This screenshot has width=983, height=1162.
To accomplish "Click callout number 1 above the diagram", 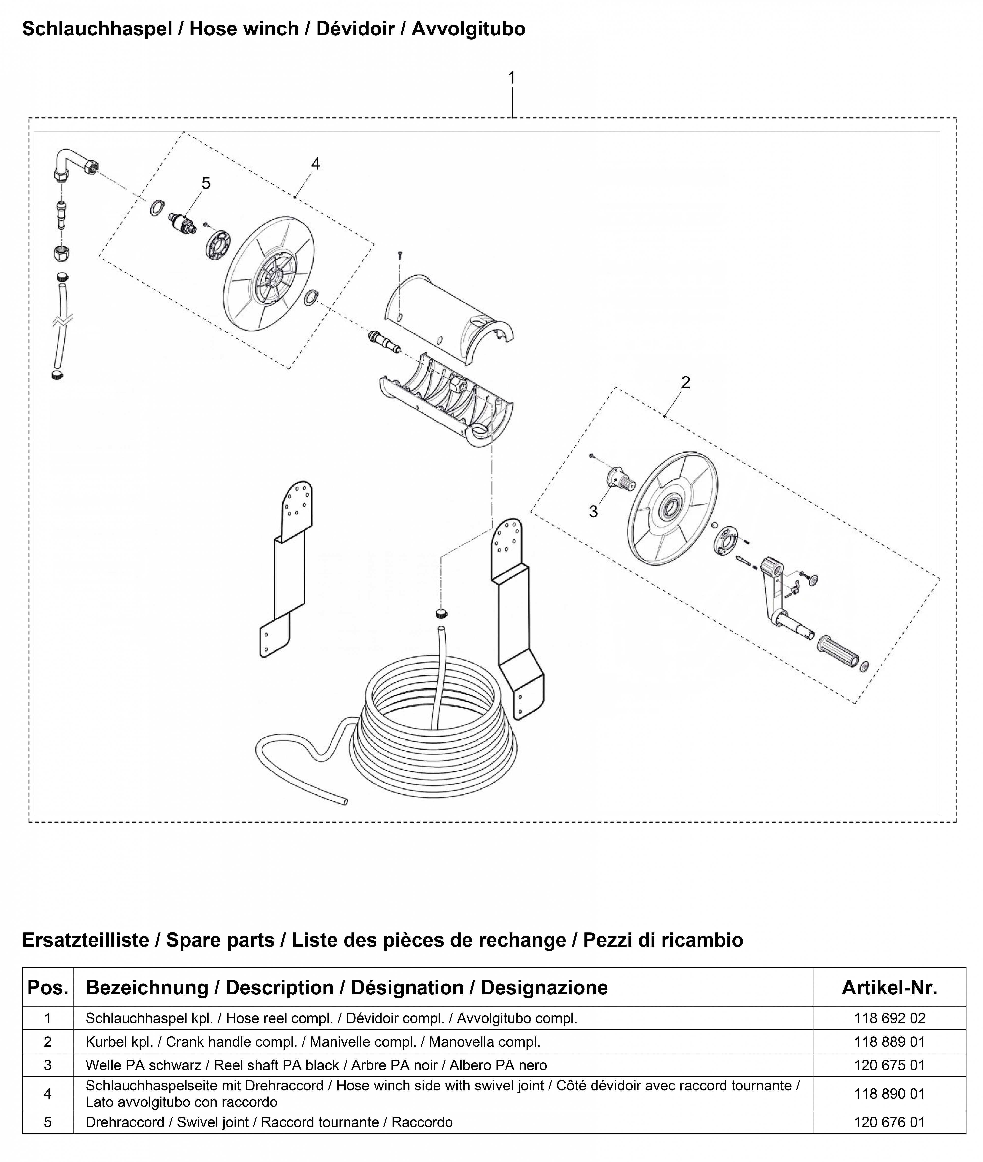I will point(512,78).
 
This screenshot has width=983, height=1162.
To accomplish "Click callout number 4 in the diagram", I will point(315,164).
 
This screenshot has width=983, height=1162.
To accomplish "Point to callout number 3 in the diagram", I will point(593,511).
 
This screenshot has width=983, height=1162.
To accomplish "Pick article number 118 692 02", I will point(889,1018).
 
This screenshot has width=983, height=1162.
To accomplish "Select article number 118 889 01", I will point(889,1041).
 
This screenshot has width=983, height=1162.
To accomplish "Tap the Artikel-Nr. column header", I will point(889,987).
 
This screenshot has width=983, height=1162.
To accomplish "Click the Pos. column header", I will point(48,987).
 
